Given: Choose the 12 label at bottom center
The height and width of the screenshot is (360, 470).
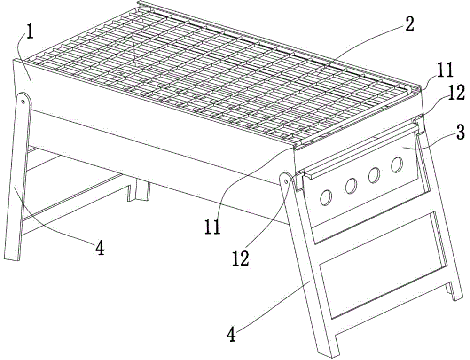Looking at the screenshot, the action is coord(240,258).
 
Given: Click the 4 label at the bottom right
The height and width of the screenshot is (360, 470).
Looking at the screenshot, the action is coord(231,334).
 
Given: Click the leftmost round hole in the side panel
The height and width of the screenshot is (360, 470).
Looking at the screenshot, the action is coord(326,198).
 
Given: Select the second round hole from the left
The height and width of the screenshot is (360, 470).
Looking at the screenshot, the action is coord(351,186).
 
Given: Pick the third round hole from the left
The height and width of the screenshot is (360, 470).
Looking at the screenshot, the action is coord(374,175).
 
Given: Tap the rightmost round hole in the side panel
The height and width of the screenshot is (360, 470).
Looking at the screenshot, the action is coord(397,164).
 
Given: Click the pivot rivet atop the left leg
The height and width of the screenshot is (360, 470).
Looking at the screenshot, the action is coord(23,102).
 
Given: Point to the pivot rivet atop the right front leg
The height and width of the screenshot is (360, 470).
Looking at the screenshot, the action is coord(286,181).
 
